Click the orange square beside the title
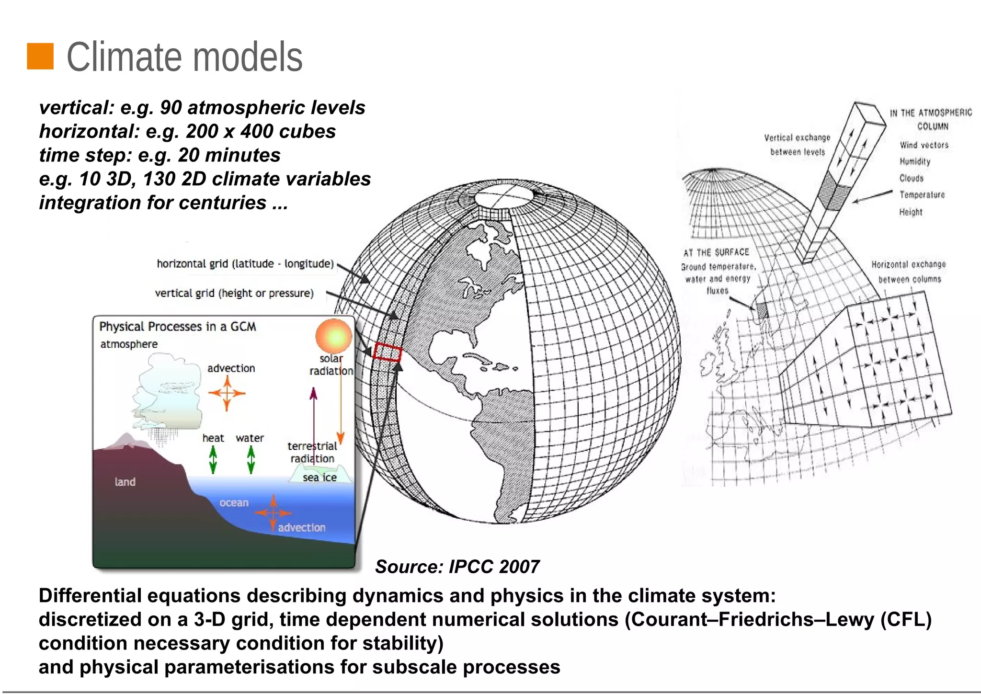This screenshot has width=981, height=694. click(40, 56)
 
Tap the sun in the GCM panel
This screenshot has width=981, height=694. click(334, 336)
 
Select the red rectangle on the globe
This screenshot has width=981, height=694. click(387, 353)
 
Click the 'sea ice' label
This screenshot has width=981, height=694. click(319, 478)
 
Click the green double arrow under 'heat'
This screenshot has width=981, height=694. click(213, 459)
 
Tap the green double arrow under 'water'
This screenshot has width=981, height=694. click(251, 459)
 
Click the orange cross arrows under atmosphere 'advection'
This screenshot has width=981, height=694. click(227, 393)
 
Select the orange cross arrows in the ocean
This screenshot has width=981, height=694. click(273, 513)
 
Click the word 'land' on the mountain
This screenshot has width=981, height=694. click(125, 482)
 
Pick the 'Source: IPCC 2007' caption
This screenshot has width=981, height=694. click(457, 567)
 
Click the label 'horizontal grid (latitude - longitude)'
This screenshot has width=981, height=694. click(245, 264)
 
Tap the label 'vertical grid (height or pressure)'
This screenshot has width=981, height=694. click(234, 293)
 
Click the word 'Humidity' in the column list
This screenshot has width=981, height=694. click(914, 161)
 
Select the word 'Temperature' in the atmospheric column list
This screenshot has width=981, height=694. click(922, 195)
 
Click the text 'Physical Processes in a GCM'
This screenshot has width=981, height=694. click(177, 327)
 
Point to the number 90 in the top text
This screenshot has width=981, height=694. click(171, 108)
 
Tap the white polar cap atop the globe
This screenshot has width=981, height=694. click(504, 196)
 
